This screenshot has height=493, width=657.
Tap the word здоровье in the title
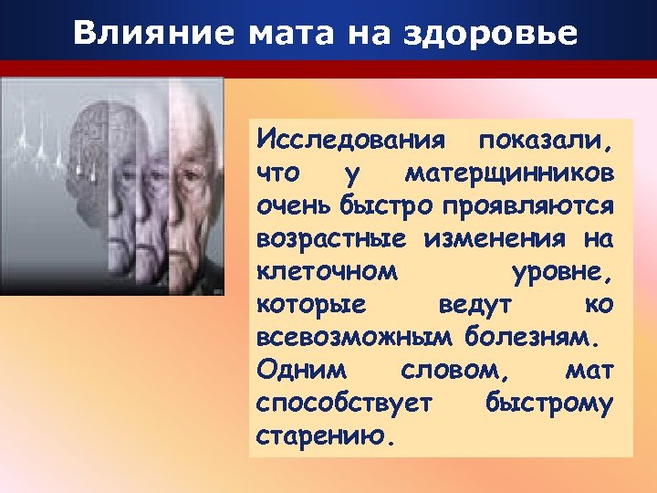(x=500, y=34)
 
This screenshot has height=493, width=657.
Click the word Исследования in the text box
(x=351, y=143)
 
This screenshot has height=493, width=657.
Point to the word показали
(x=547, y=143)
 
